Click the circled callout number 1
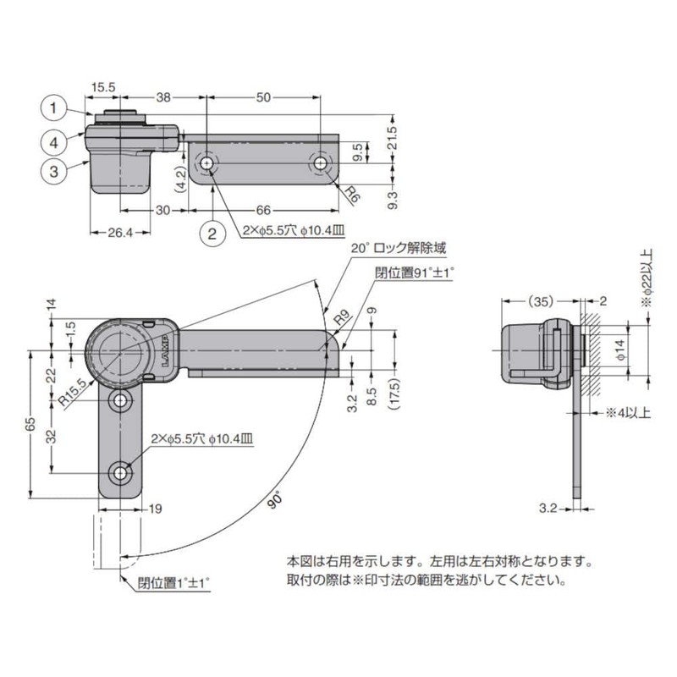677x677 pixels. (53, 107)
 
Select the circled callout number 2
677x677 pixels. (212, 232)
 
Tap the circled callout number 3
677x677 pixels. (53, 170)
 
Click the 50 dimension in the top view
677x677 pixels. (263, 98)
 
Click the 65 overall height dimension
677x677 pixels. (31, 424)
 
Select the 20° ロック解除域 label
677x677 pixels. (397, 248)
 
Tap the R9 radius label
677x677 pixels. (340, 319)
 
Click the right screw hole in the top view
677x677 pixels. (321, 163)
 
